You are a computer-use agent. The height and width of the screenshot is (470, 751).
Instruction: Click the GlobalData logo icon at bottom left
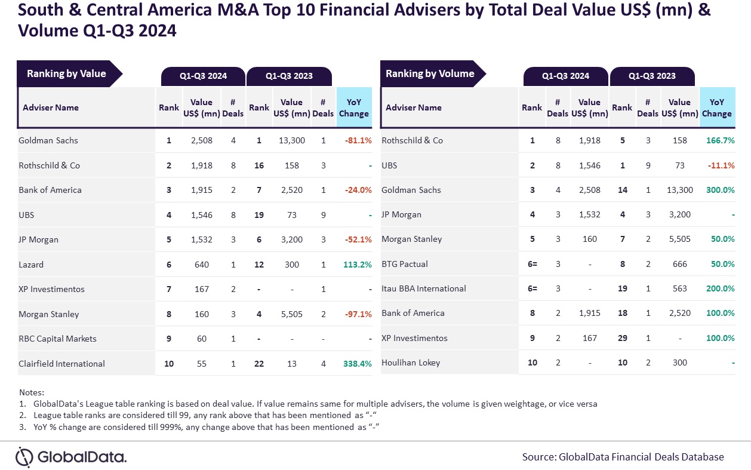click(24, 457)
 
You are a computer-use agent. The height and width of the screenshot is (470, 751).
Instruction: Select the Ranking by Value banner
click(66, 74)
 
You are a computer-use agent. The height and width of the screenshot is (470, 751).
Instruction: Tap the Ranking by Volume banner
click(430, 74)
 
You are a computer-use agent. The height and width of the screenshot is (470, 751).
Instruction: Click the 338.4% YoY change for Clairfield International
click(358, 364)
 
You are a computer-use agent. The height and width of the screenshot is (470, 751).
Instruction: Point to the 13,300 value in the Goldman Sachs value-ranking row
click(291, 141)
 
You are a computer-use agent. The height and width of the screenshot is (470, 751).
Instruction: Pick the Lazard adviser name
click(31, 265)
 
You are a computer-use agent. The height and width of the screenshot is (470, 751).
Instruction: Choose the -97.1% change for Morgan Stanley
click(358, 314)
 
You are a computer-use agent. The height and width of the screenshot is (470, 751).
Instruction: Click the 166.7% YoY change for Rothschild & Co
click(720, 141)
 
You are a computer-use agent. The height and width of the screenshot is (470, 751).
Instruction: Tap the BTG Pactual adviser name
click(405, 264)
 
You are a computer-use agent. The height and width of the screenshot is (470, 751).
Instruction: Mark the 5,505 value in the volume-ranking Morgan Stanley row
click(679, 239)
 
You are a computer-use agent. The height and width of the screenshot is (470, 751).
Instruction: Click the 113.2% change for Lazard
click(358, 265)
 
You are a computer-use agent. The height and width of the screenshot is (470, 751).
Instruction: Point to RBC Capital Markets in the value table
click(58, 339)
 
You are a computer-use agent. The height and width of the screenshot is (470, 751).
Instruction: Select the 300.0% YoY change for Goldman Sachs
click(720, 190)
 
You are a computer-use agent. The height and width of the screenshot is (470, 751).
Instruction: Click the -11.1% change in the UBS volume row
click(721, 165)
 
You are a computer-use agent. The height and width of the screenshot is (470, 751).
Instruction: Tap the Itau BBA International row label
click(424, 289)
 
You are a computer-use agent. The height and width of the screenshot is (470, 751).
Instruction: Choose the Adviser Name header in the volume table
click(414, 108)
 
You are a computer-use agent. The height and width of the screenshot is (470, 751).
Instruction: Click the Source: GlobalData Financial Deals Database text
click(623, 457)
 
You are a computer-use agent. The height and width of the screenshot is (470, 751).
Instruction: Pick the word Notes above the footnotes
click(32, 392)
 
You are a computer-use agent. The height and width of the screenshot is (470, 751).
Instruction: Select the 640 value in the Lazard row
click(202, 265)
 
